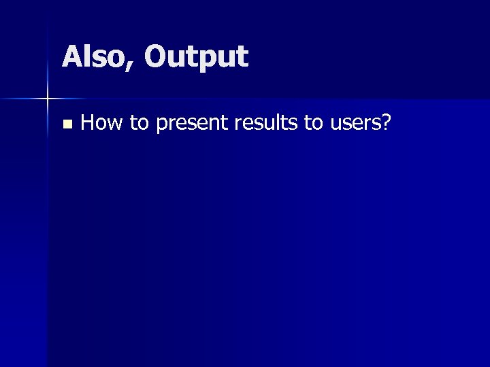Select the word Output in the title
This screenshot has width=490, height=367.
pyautogui.click(x=196, y=57)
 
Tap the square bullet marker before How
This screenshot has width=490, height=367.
pyautogui.click(x=66, y=124)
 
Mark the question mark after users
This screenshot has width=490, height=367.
pyautogui.click(x=386, y=122)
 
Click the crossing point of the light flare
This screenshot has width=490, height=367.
pyautogui.click(x=48, y=99)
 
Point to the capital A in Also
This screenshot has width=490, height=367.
pyautogui.click(x=71, y=57)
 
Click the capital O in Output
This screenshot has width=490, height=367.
pyautogui.click(x=156, y=57)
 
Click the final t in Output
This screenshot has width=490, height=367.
pyautogui.click(x=244, y=58)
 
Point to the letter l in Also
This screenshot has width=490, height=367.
pyautogui.click(x=85, y=56)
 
